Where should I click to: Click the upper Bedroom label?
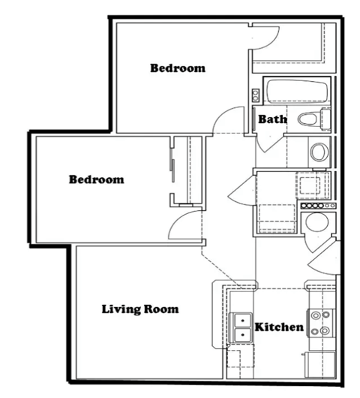point(178,68)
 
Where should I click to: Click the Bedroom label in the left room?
point(96,179)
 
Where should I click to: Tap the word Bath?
point(271,119)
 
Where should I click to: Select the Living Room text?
point(140,309)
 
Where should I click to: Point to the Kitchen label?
point(279,327)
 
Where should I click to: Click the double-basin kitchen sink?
point(241,327)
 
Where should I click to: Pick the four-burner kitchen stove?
point(320,324)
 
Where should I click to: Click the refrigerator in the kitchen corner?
point(319,366)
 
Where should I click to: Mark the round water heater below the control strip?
point(316,223)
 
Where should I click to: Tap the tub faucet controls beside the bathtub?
point(256,95)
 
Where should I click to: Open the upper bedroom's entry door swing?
point(227,120)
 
